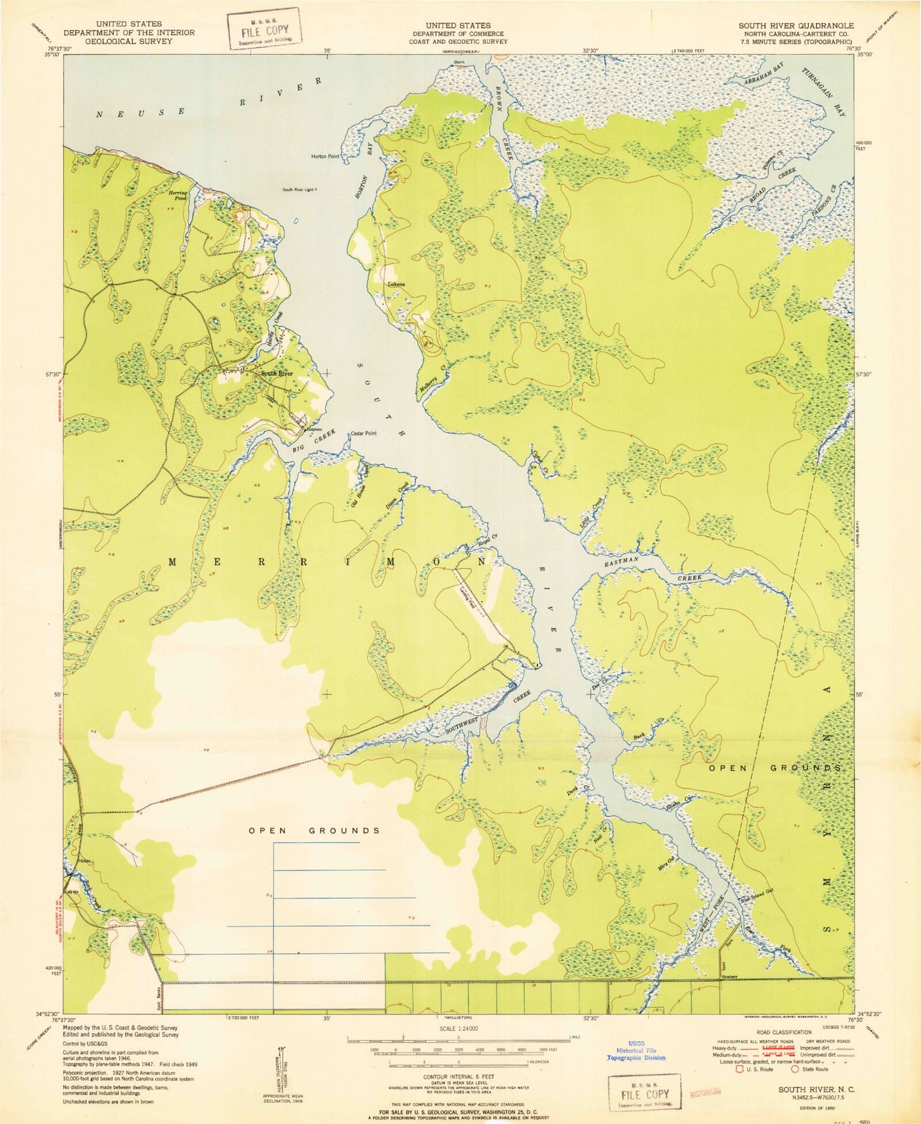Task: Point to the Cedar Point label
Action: tap(364, 434)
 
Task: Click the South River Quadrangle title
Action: tap(796, 26)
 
